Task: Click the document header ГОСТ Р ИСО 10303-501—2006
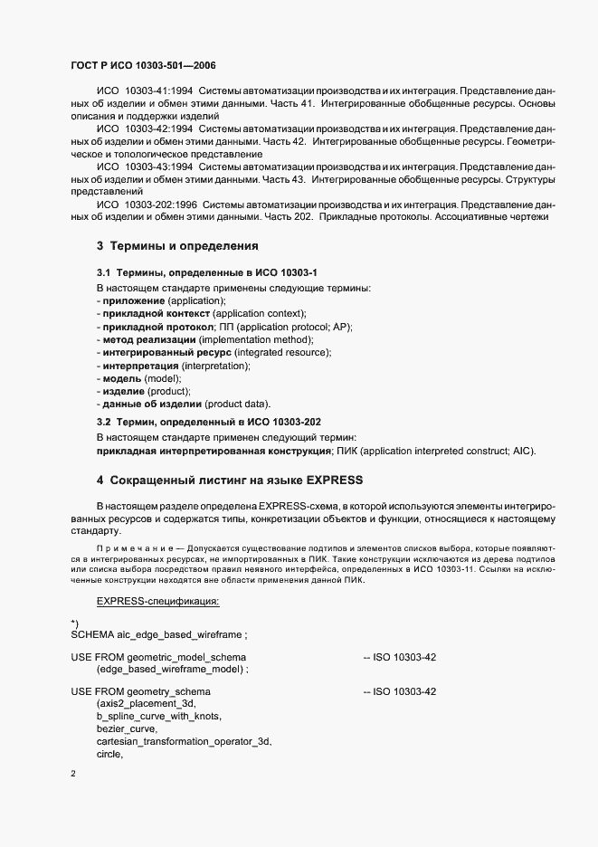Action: [143, 66]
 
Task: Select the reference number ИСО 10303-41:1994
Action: [145, 91]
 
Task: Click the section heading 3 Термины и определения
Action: [178, 246]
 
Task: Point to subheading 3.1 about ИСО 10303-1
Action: [208, 272]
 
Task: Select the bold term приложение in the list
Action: [133, 300]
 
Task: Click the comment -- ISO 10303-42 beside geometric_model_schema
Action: [399, 656]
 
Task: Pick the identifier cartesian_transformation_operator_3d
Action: [185, 741]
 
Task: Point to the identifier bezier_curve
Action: [127, 728]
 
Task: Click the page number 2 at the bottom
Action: [73, 774]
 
